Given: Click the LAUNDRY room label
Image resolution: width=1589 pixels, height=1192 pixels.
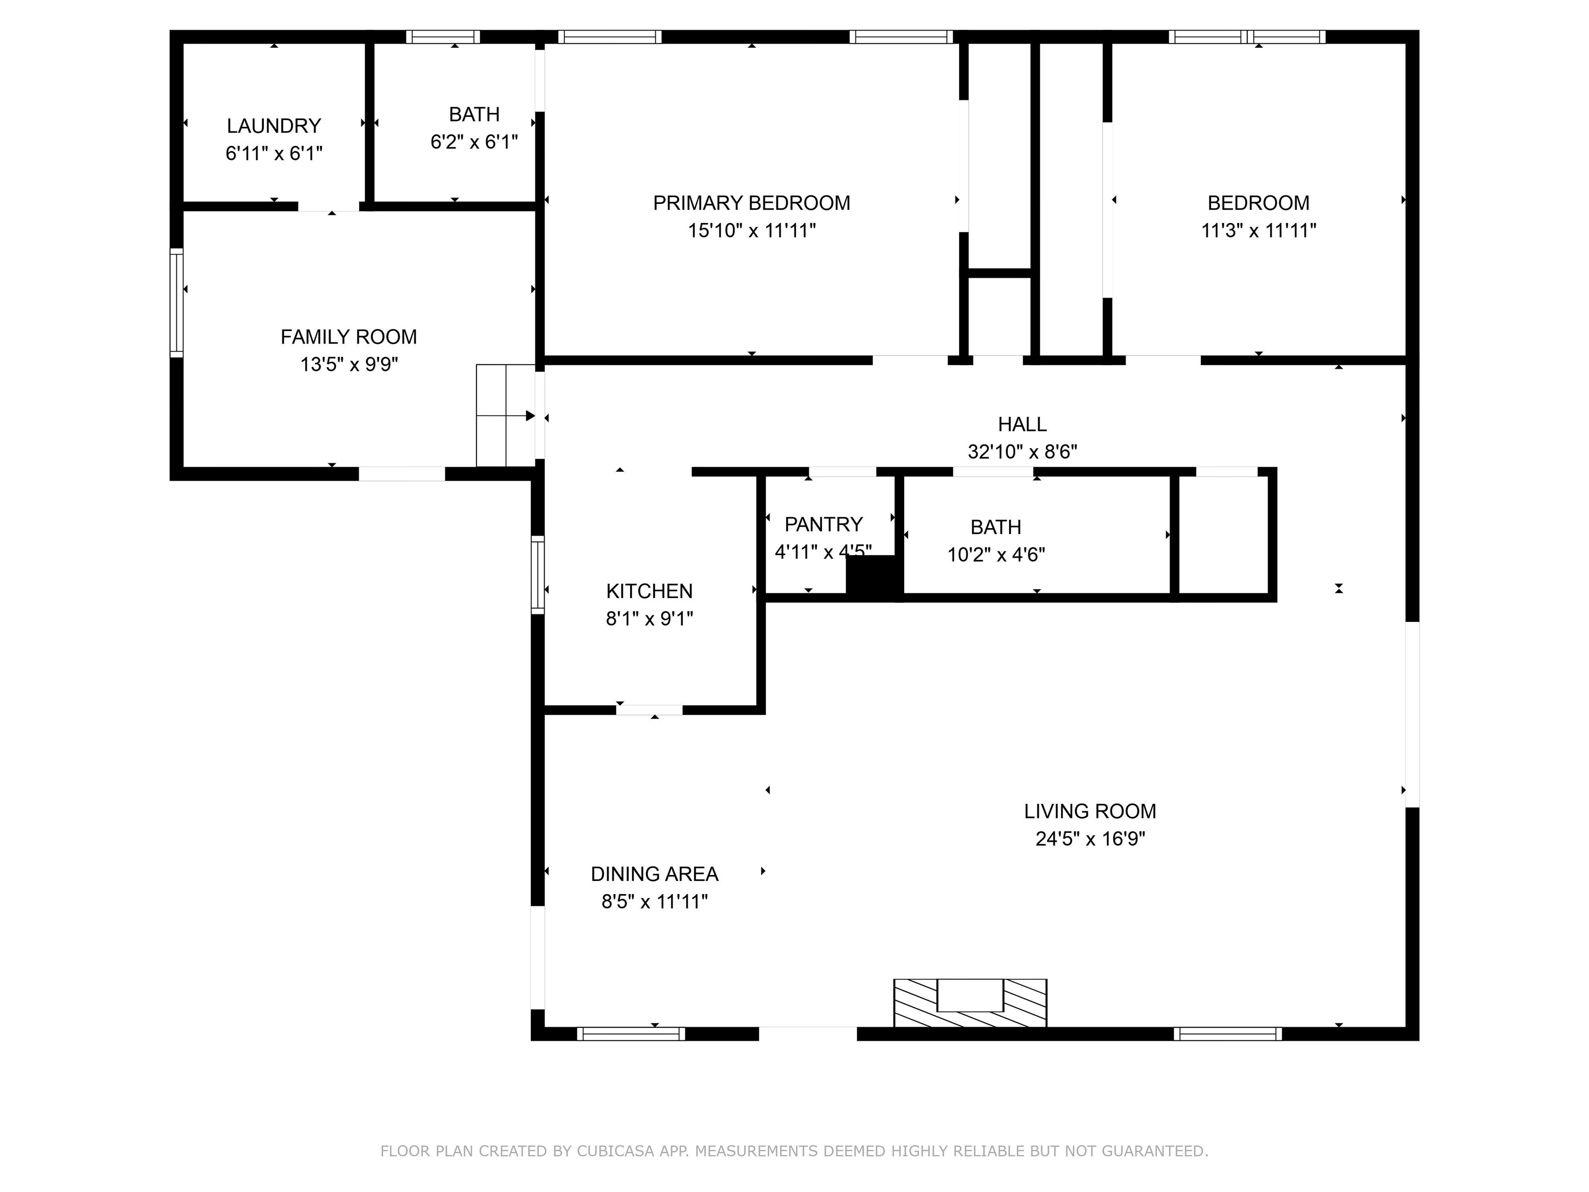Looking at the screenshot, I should (x=274, y=126).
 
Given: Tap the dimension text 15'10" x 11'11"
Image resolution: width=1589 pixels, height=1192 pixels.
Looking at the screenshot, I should (x=752, y=231).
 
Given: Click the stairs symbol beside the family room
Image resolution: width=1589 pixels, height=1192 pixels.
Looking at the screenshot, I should (x=506, y=415).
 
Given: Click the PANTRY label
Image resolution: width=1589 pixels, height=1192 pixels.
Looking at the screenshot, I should (x=823, y=524).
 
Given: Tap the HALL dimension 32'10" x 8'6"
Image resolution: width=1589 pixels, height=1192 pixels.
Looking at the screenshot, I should (x=1022, y=451).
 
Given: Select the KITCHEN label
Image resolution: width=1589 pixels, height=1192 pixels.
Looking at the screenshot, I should (x=649, y=591).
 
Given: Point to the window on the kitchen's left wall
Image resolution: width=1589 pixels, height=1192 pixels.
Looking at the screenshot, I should (x=537, y=574).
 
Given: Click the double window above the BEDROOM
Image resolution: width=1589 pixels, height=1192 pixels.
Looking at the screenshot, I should (x=1247, y=37).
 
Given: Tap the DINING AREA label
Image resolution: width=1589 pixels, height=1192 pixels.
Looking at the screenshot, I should (x=654, y=874).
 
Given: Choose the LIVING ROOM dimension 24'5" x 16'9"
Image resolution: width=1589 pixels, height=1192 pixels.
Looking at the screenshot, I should (x=1090, y=839).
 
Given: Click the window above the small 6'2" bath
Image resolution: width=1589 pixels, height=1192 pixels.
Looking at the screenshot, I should (x=442, y=37).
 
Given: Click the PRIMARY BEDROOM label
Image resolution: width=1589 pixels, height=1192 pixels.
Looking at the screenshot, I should (x=752, y=203).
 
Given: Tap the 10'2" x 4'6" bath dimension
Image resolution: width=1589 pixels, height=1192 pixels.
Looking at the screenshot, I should (x=996, y=554).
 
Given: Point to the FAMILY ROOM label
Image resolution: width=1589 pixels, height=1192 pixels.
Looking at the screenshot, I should (x=349, y=336).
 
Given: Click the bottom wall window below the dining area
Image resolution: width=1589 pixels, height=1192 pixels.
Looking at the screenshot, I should (x=631, y=1033).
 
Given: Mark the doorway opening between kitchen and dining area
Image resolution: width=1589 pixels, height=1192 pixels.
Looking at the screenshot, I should (x=649, y=710).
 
